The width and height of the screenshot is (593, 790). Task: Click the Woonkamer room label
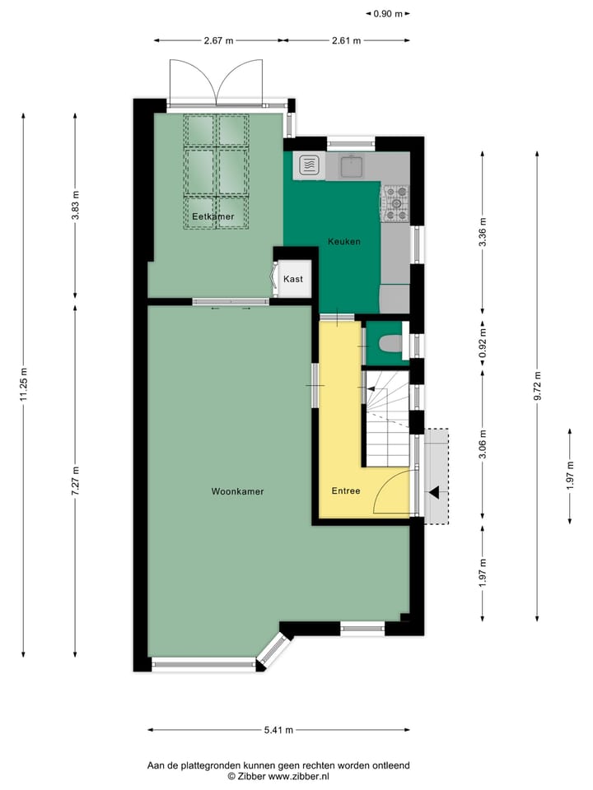(237, 491)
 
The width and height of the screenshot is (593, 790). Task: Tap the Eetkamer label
(212, 216)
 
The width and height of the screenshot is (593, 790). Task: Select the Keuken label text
(343, 241)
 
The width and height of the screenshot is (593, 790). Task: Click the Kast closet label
(293, 279)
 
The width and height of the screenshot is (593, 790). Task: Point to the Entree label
(346, 491)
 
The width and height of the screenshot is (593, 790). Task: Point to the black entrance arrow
(434, 493)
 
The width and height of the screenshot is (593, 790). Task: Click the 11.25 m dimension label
(24, 384)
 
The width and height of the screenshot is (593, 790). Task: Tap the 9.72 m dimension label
(537, 384)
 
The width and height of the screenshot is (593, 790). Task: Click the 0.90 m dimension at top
(387, 13)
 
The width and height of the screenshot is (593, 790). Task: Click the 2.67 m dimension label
(219, 40)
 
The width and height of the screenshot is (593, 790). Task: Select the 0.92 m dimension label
(483, 340)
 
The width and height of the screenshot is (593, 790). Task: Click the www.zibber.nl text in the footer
(298, 776)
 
